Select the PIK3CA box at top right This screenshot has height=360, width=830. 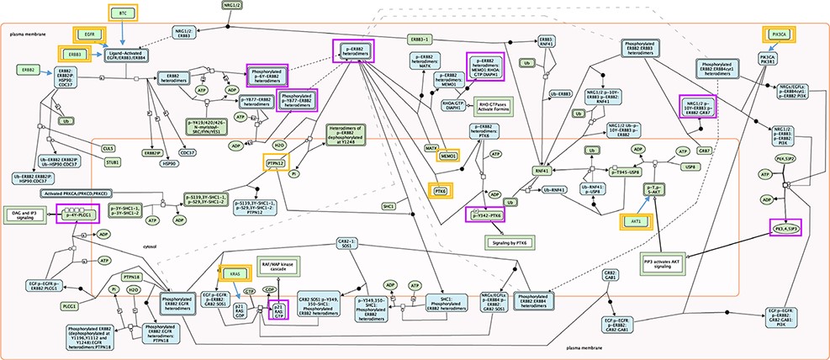click(778, 34)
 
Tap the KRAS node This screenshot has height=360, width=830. click(234, 272)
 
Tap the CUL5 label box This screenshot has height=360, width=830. click(108, 148)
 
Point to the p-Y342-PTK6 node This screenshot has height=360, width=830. click(489, 215)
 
